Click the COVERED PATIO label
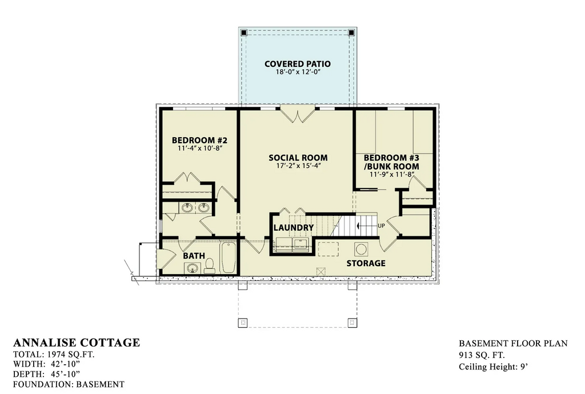(x=298, y=63)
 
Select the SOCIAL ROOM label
(x=298, y=158)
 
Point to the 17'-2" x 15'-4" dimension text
(x=298, y=167)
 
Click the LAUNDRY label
(x=294, y=228)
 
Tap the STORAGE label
(x=366, y=263)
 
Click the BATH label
(x=194, y=256)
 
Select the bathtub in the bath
(x=228, y=259)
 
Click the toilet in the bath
(x=210, y=265)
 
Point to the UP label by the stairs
(x=380, y=226)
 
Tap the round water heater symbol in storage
(x=362, y=250)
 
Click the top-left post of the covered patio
(x=244, y=32)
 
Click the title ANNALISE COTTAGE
(x=76, y=343)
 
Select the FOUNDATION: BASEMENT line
(x=69, y=384)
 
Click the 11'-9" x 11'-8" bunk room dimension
(x=391, y=175)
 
